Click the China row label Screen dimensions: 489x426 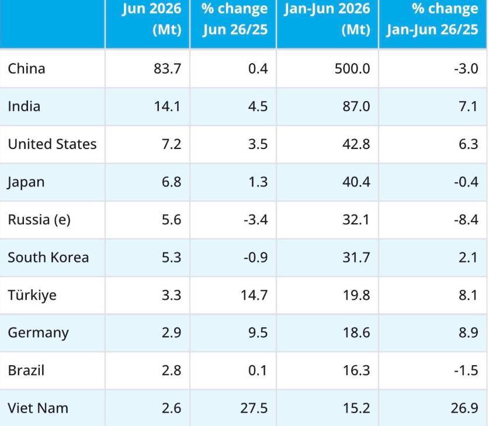(26, 68)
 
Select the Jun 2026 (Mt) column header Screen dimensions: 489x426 (151, 19)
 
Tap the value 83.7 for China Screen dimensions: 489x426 (167, 68)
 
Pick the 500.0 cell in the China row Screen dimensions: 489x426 (352, 68)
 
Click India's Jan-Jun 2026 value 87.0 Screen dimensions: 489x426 (356, 106)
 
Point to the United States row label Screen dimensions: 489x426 (52, 144)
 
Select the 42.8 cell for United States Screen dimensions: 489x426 (356, 144)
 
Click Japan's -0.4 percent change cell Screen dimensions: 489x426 (466, 182)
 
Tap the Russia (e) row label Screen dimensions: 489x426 (39, 220)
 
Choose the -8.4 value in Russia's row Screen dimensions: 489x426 (466, 220)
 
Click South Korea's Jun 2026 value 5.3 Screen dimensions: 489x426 (171, 257)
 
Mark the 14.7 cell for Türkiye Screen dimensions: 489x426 (254, 295)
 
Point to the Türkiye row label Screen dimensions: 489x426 (32, 295)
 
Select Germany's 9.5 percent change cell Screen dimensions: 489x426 (258, 333)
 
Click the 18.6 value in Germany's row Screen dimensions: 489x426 (356, 333)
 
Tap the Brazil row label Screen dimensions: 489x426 (26, 370)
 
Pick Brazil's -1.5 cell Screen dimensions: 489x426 (466, 370)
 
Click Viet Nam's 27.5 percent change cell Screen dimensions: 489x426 (254, 408)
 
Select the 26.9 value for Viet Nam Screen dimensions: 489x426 (464, 408)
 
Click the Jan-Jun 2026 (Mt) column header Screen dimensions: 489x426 (327, 19)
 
